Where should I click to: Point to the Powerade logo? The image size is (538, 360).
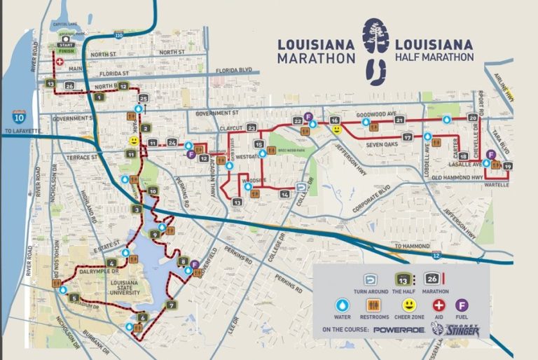tap(399, 328)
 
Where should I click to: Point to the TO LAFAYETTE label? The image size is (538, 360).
tap(24, 131)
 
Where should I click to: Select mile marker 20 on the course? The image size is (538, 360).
tap(473, 118)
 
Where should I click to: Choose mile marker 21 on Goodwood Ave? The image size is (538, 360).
tap(399, 120)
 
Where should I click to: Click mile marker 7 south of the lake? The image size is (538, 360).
tap(172, 305)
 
